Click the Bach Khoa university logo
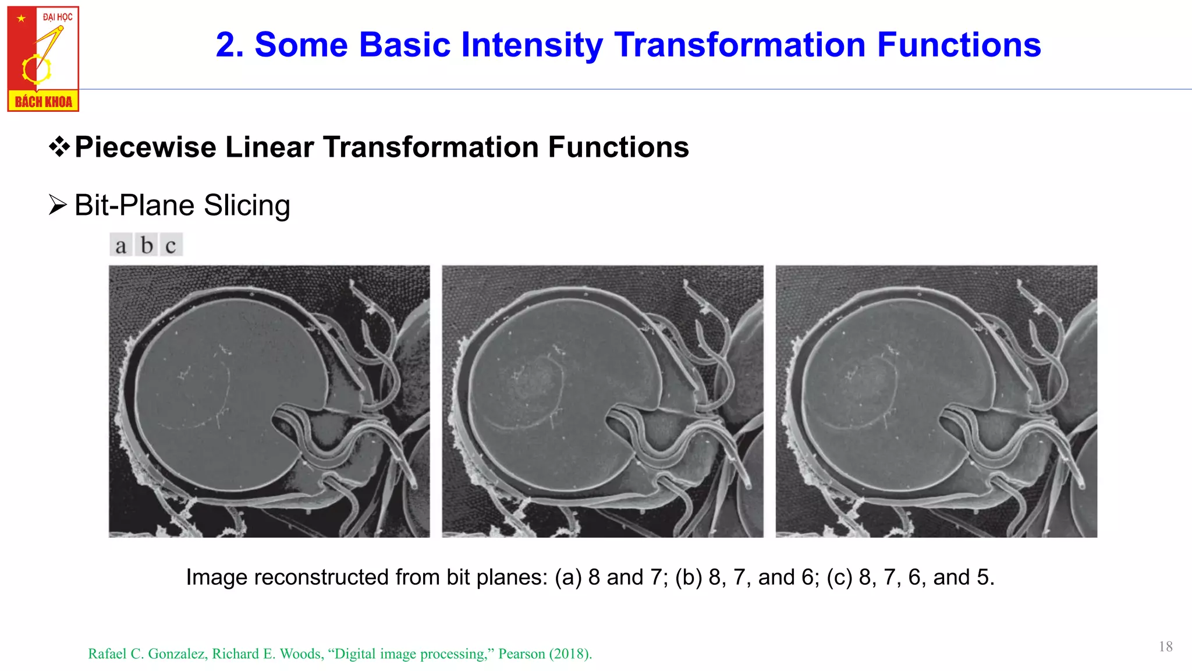[43, 59]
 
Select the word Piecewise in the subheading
[146, 147]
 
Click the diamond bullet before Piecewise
[59, 146]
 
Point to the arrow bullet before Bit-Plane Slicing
[58, 205]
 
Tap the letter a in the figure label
[120, 245]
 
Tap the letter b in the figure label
[147, 245]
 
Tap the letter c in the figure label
[171, 245]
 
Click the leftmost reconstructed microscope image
[269, 401]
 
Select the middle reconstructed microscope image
[602, 401]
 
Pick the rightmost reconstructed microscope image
[936, 401]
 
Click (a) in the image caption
[568, 577]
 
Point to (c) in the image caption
[840, 577]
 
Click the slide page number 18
[1165, 647]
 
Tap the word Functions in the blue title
[959, 45]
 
